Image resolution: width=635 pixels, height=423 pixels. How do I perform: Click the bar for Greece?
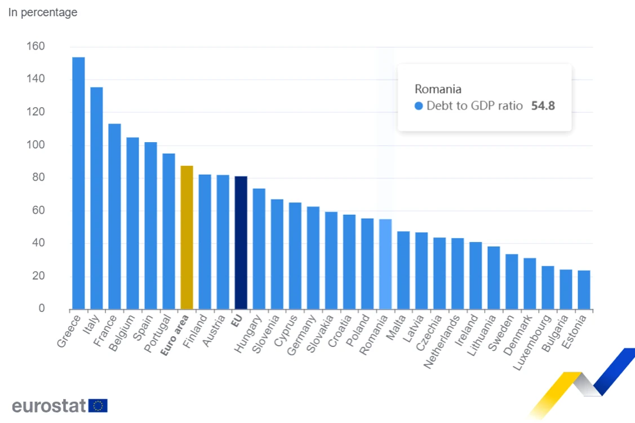tap(78, 183)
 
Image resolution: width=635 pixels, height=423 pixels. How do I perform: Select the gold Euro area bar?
tap(186, 237)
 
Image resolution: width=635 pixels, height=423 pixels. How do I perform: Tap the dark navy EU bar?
tap(241, 243)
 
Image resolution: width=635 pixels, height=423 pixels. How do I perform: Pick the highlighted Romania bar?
tap(385, 265)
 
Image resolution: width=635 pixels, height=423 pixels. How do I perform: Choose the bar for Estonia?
tap(584, 290)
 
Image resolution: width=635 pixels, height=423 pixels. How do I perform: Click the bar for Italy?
tap(96, 199)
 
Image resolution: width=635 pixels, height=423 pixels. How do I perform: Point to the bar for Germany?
tap(313, 258)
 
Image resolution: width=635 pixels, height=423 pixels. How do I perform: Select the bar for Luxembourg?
tap(548, 288)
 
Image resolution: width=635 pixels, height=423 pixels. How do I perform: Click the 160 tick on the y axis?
tap(35, 46)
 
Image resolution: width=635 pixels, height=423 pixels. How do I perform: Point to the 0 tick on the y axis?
tap(42, 309)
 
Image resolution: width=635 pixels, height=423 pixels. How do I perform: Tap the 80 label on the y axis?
tap(38, 177)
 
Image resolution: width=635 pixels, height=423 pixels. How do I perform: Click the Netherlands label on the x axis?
tap(442, 341)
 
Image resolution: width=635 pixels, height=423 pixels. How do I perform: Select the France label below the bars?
tap(105, 331)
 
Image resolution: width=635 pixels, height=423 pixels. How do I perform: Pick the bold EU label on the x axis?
tap(237, 321)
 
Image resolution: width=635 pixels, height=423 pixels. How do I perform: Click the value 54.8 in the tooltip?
tap(543, 106)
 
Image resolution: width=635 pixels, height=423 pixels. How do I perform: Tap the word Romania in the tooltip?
tap(438, 89)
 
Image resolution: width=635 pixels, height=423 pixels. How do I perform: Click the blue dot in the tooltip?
tap(419, 106)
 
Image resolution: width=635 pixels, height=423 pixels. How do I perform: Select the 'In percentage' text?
tap(43, 12)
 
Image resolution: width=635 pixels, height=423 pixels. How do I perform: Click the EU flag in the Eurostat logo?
tap(98, 406)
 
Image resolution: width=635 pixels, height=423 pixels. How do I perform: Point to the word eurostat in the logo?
tap(49, 406)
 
